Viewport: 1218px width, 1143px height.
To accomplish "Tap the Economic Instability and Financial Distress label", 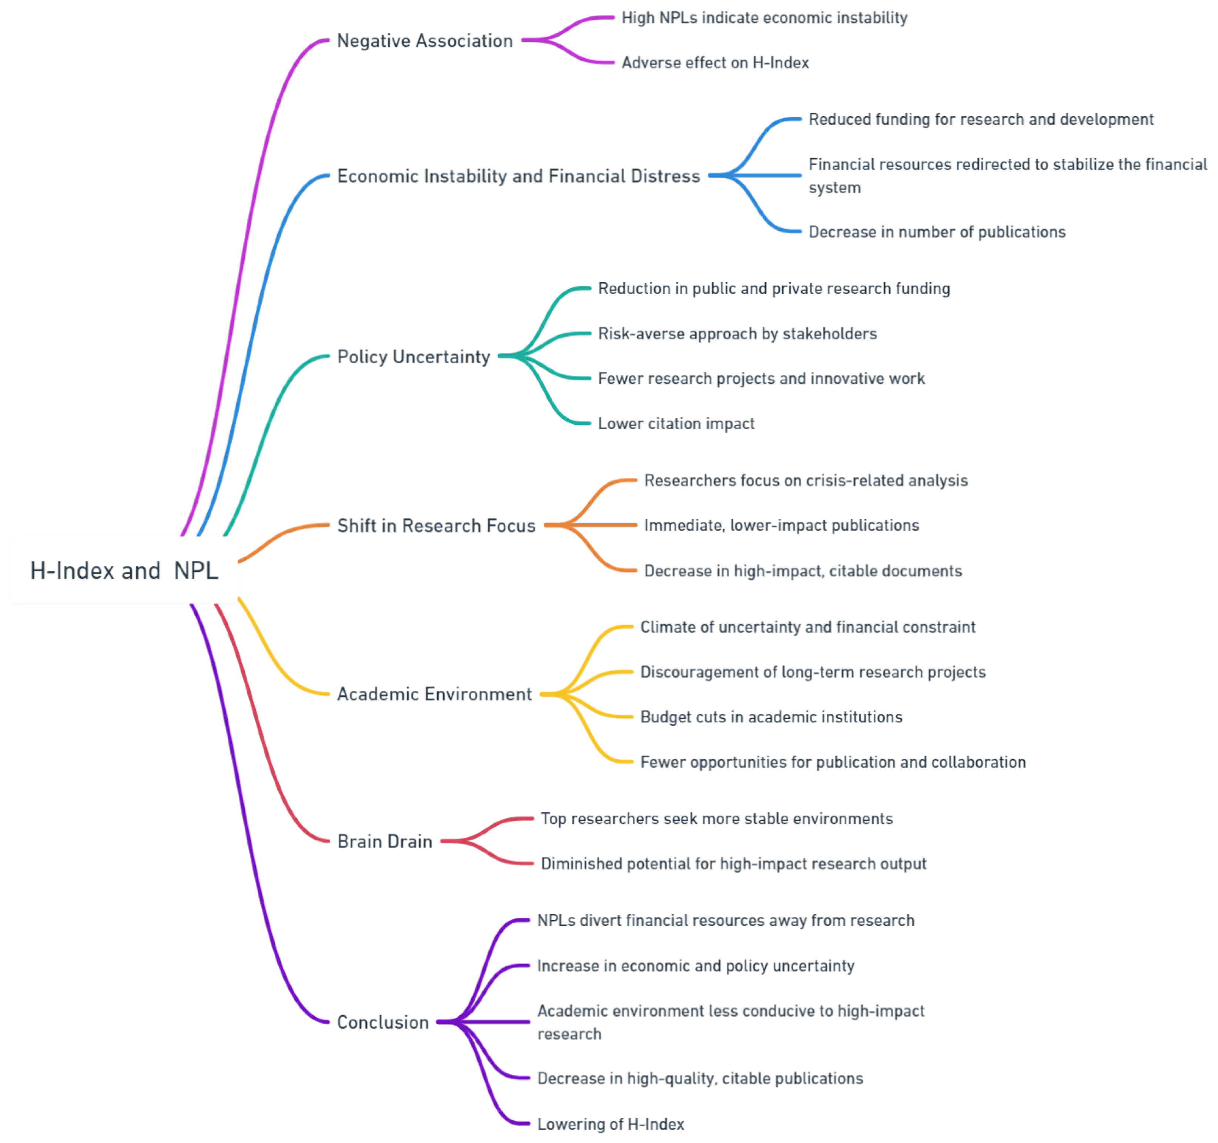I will tap(518, 177).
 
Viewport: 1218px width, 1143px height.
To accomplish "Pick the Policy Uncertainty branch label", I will tap(414, 357).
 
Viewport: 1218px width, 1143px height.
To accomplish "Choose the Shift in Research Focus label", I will tap(436, 526).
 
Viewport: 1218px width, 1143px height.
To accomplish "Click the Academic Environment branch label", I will tap(434, 694).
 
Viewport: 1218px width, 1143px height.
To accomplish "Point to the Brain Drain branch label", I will tap(385, 842).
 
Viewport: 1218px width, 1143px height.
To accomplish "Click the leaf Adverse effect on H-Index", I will tap(715, 63).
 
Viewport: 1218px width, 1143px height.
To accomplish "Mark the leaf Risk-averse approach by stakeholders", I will tap(737, 334).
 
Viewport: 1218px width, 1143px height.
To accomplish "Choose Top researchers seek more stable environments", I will tap(716, 819).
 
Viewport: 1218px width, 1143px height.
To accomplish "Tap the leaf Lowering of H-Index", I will tap(610, 1124).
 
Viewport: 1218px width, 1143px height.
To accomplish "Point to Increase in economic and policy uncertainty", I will tap(695, 966).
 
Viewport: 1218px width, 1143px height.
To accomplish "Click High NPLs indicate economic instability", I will tap(764, 18).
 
